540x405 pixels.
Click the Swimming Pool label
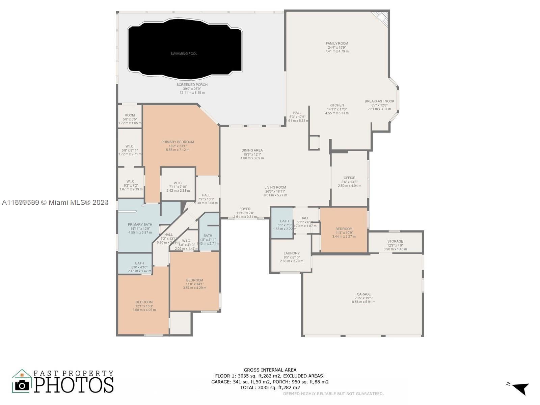(x=184, y=54)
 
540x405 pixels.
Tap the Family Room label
(x=337, y=44)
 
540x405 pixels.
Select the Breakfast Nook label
(x=379, y=101)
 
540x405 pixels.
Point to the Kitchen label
(x=337, y=105)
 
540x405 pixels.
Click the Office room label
(x=349, y=178)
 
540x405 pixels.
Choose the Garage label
(x=363, y=294)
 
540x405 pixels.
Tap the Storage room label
(x=395, y=241)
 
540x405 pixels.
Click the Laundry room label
(x=291, y=253)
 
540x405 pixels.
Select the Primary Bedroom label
(x=178, y=142)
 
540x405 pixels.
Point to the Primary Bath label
(x=140, y=225)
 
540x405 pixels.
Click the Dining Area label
(x=252, y=151)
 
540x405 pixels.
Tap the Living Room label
(x=275, y=187)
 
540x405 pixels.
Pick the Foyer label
(x=245, y=209)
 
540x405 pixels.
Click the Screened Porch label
(x=192, y=85)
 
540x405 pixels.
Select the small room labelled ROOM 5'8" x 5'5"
(x=130, y=115)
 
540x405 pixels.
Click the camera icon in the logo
(x=22, y=385)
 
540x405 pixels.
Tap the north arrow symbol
(x=521, y=388)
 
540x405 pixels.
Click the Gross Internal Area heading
(x=270, y=370)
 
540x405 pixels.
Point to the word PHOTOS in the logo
(x=74, y=385)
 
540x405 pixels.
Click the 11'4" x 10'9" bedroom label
(x=344, y=229)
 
